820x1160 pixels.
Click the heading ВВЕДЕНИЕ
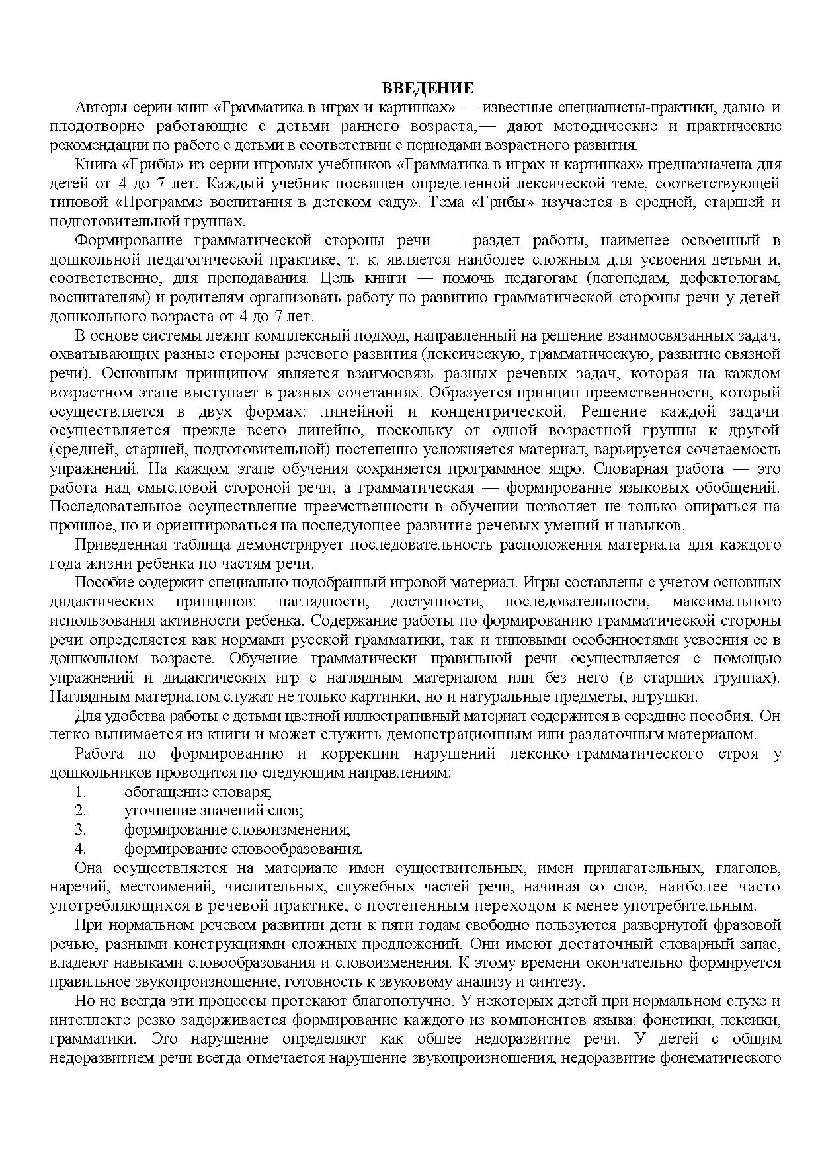tap(428, 89)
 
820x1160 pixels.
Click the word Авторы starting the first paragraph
tap(98, 108)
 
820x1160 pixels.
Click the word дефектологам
tap(739, 278)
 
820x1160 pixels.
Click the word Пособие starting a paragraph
tap(100, 583)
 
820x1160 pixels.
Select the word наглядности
tap(323, 602)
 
